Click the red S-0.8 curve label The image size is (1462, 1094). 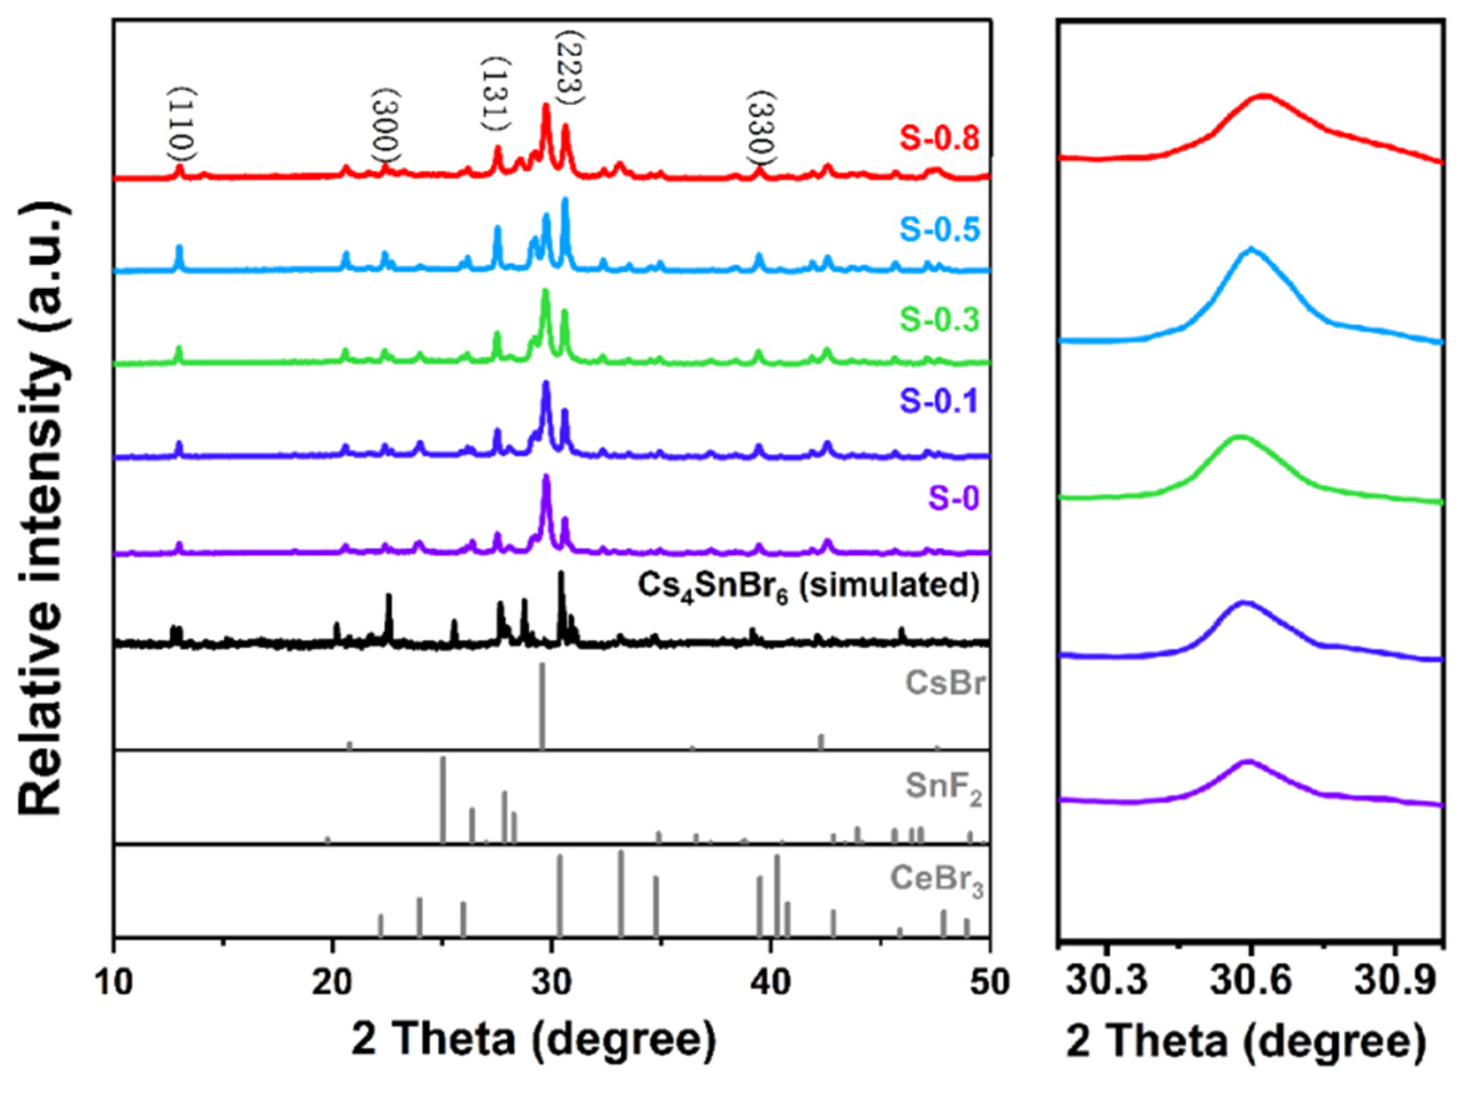939,139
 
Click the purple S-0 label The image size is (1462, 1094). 954,498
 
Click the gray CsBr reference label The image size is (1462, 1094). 944,683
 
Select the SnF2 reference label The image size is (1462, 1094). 943,788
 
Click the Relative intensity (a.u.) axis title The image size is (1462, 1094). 43,509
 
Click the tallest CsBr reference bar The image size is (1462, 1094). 542,704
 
